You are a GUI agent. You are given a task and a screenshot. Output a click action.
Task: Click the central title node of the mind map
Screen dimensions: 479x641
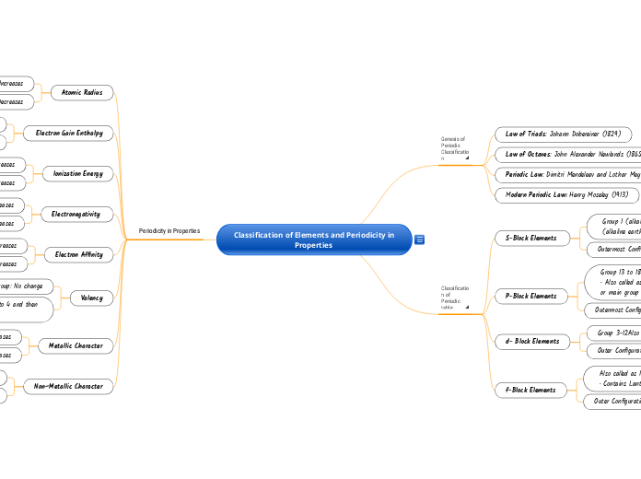(x=313, y=239)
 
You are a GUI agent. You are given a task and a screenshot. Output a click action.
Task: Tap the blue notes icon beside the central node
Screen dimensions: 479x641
(x=420, y=240)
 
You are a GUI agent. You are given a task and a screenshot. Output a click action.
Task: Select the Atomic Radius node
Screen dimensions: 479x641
(x=83, y=92)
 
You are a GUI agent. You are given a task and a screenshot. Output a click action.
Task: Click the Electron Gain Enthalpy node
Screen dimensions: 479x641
(x=69, y=133)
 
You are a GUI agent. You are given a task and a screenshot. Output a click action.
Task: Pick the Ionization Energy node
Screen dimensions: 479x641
(x=78, y=173)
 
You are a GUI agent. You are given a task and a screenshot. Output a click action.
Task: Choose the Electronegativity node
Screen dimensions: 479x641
(x=76, y=214)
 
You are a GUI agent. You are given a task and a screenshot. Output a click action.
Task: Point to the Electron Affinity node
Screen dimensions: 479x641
(x=79, y=253)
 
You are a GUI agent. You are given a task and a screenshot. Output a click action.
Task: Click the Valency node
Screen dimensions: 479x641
(x=91, y=298)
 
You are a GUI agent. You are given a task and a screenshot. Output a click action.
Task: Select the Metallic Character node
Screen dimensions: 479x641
(x=76, y=345)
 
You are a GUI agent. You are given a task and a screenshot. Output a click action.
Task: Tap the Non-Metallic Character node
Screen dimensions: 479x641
(x=68, y=386)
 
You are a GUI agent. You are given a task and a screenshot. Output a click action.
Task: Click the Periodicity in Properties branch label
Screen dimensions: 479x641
(x=169, y=230)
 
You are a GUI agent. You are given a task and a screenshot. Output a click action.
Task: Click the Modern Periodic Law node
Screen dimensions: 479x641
(x=562, y=194)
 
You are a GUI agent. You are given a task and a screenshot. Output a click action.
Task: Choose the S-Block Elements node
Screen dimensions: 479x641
(x=531, y=238)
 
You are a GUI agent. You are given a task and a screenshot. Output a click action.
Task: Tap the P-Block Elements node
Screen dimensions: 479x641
(x=531, y=296)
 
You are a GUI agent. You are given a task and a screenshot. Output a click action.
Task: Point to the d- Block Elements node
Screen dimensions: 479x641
(x=532, y=341)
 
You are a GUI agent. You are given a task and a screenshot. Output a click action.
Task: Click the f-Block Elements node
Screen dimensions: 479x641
(x=530, y=390)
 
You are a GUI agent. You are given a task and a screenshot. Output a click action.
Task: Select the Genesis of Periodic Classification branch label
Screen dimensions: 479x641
(x=454, y=148)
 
